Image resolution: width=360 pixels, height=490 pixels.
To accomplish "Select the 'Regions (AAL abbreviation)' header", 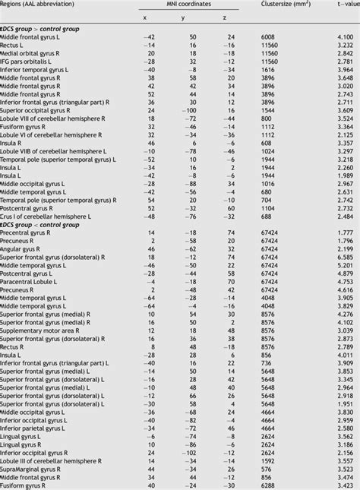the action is tap(41, 4).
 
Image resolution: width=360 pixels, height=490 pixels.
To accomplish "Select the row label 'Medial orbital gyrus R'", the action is tap(34, 54).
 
